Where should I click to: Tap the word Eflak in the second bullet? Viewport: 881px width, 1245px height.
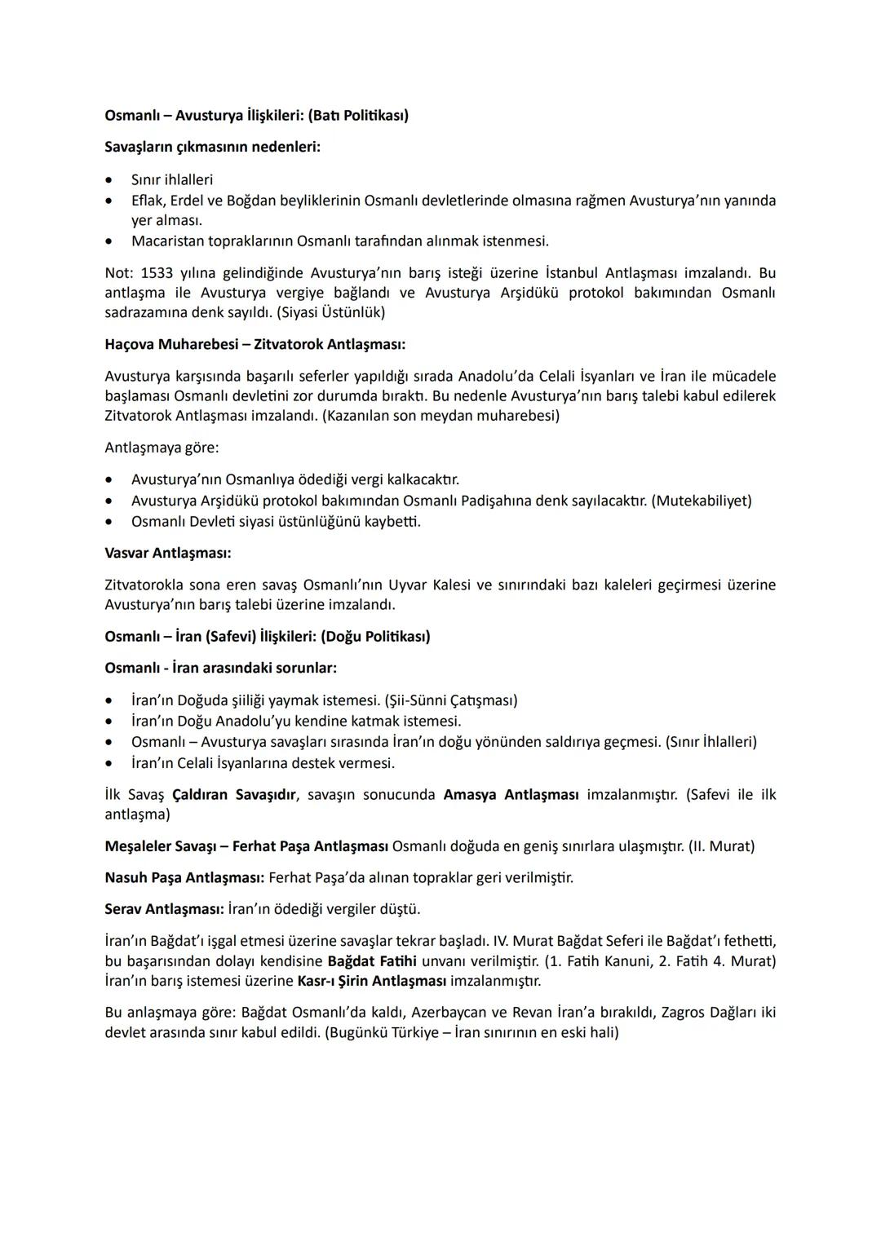pyautogui.click(x=148, y=201)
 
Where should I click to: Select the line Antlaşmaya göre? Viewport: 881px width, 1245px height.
pyautogui.click(x=162, y=448)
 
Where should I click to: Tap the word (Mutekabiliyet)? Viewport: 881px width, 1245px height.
pyautogui.click(x=701, y=501)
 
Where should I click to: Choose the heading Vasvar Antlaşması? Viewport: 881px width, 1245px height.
pyautogui.click(x=167, y=553)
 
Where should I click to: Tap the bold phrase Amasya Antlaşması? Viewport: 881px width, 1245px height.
pyautogui.click(x=511, y=795)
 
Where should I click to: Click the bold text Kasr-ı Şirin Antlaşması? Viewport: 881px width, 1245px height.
pyautogui.click(x=371, y=981)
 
